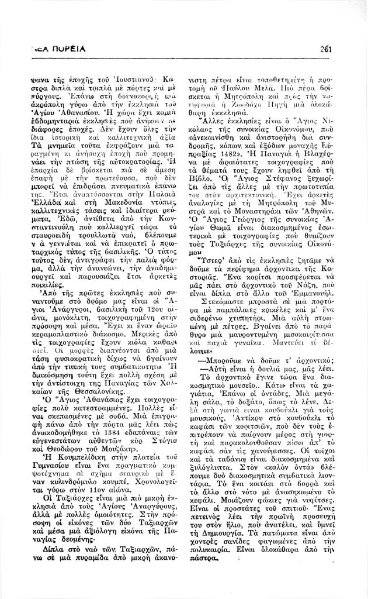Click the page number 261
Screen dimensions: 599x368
click(325, 49)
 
